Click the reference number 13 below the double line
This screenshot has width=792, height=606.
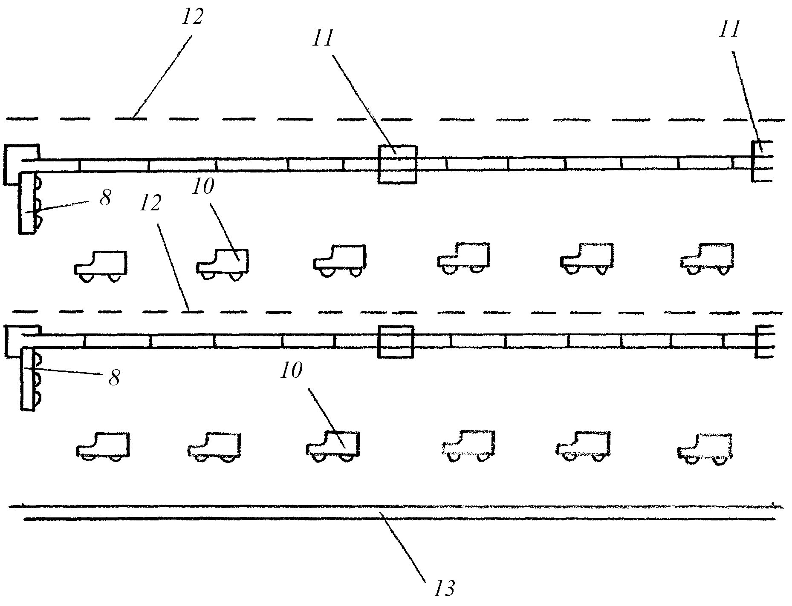coord(444,588)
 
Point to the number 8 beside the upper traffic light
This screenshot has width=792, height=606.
coord(105,198)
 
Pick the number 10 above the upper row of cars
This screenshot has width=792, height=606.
coord(202,186)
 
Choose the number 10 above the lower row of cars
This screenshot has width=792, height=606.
coord(291,371)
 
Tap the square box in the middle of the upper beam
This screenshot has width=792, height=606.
coord(397,165)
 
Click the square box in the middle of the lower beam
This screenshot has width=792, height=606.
coord(396,342)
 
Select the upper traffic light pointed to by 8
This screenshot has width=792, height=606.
coord(27,202)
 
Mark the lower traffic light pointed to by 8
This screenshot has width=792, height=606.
coord(28,379)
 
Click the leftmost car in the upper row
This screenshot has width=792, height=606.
coord(101,266)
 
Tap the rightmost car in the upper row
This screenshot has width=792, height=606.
coord(708,258)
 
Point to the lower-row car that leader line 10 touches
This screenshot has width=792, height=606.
coord(333,446)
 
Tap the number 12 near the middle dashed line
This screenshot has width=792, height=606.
coord(150,204)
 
